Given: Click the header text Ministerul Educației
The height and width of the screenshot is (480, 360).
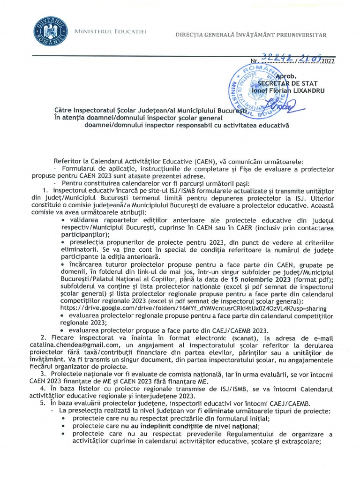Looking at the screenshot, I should point(111,31).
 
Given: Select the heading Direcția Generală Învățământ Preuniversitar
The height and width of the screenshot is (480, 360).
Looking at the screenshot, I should point(251,35).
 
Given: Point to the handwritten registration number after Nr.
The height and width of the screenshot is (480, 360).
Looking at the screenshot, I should point(291,58).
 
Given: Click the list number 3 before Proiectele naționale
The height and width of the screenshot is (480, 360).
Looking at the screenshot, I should point(43,374).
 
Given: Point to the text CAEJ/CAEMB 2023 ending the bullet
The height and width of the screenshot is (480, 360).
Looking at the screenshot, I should point(242,330).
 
